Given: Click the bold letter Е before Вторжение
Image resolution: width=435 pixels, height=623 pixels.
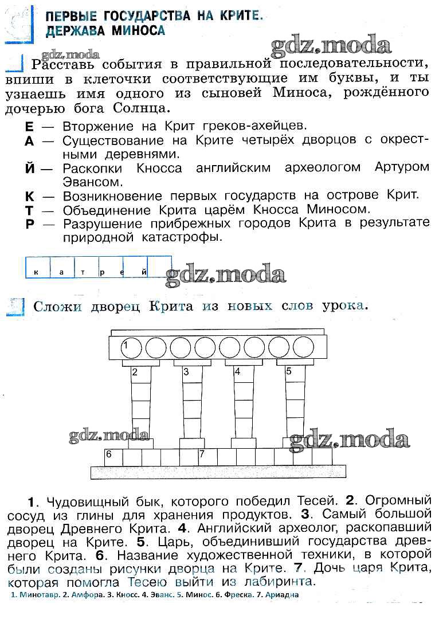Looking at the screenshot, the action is [29, 127].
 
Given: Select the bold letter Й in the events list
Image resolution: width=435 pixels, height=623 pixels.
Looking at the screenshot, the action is [30, 168].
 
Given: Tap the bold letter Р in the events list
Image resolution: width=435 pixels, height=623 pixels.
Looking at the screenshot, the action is [30, 225].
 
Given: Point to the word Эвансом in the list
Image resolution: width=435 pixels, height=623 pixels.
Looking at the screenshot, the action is [92, 182].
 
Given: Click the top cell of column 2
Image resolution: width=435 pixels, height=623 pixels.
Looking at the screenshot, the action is [141, 374].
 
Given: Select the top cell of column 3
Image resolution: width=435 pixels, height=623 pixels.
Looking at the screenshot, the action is [192, 374].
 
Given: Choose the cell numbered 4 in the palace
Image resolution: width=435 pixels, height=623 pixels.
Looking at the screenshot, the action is [244, 374].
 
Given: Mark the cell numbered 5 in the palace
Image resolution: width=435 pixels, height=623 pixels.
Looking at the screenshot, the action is [295, 374].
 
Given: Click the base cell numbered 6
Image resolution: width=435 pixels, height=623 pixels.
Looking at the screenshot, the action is [113, 457].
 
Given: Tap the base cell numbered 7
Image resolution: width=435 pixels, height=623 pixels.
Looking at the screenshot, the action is [208, 457].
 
